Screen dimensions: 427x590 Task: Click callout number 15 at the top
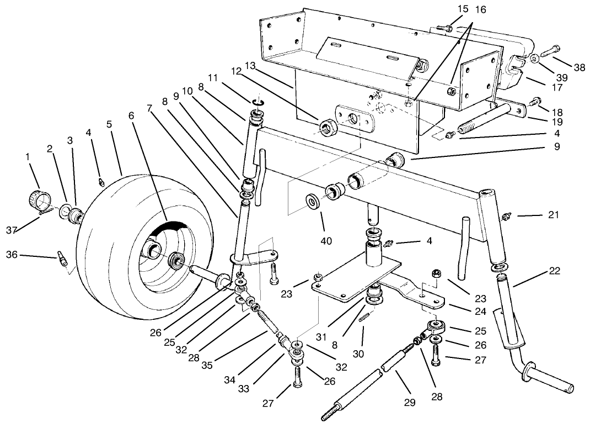point(462,9)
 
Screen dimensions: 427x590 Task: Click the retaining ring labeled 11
point(259,102)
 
